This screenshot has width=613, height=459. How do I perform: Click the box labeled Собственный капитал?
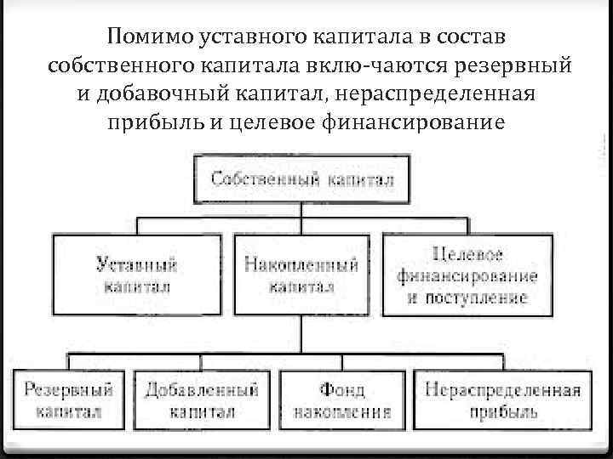point(301,179)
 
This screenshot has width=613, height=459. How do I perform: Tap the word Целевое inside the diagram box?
point(467,255)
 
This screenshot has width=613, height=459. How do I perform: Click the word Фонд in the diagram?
point(342,390)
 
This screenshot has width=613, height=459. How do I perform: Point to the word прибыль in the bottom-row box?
point(502,411)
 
